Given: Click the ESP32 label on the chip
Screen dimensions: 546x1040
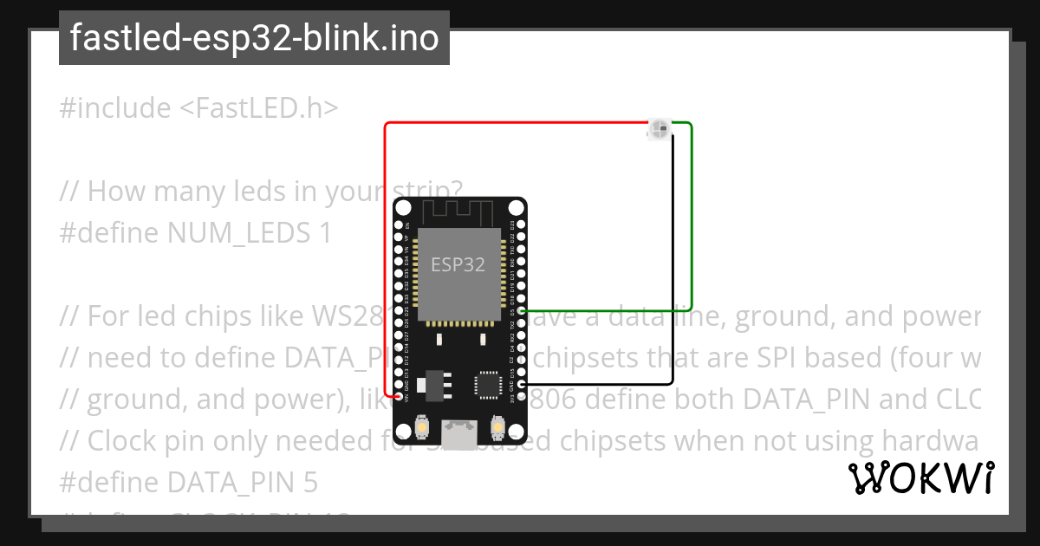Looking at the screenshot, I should click(x=458, y=265).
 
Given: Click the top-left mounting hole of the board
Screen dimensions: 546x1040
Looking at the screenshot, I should click(x=403, y=207).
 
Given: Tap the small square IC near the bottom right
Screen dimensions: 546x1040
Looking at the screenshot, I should click(x=486, y=383).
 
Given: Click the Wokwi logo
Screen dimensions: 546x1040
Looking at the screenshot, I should click(x=920, y=478).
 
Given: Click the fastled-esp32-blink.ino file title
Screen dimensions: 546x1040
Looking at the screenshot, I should click(x=254, y=38).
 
